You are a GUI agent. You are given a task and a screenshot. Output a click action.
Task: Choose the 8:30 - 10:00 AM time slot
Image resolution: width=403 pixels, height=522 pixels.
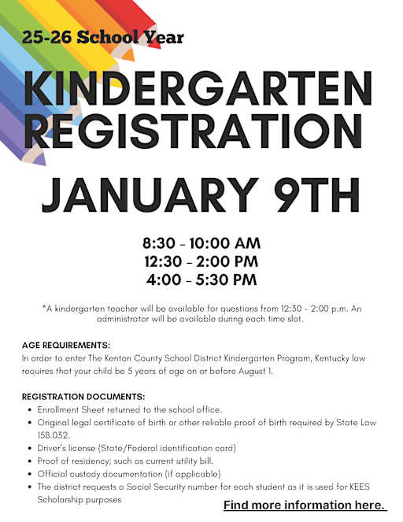click(x=201, y=242)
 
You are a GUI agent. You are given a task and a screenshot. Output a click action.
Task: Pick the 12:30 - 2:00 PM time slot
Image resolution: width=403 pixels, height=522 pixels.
click(x=201, y=261)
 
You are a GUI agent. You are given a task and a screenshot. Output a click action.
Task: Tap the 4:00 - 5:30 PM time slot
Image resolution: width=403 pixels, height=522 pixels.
click(x=201, y=279)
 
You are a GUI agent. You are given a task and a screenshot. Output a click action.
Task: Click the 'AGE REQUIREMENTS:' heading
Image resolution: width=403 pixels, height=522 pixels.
click(x=66, y=346)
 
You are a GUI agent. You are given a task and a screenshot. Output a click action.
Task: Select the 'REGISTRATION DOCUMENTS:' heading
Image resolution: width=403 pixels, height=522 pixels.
click(x=83, y=396)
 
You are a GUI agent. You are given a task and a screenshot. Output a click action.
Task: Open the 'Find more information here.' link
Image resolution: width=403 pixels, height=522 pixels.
click(x=305, y=505)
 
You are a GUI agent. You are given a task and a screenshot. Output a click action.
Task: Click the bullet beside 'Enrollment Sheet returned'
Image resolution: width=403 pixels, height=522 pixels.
click(x=29, y=410)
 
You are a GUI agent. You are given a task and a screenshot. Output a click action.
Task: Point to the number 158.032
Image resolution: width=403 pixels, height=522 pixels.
click(x=54, y=435)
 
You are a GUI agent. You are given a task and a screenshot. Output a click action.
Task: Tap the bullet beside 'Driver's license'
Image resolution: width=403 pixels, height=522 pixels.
click(x=29, y=448)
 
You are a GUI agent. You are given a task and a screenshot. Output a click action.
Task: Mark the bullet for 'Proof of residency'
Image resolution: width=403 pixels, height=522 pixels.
click(x=29, y=461)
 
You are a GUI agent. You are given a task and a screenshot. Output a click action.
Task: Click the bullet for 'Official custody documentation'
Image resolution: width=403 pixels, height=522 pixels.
click(x=29, y=474)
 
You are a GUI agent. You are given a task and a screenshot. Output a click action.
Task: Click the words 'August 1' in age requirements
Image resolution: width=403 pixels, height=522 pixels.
click(x=256, y=371)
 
